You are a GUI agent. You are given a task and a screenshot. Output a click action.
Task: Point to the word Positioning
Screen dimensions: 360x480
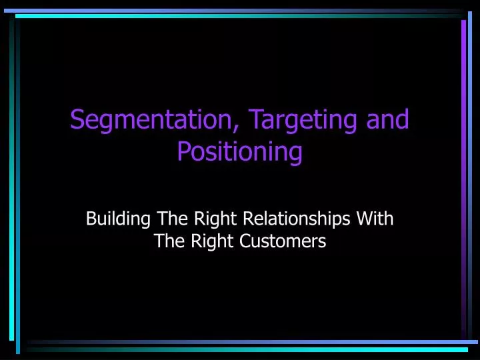[x=239, y=152]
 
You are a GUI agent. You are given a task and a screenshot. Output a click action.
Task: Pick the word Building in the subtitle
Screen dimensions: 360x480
[x=117, y=219]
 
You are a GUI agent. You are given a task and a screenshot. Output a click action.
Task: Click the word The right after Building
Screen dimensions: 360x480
[x=169, y=219]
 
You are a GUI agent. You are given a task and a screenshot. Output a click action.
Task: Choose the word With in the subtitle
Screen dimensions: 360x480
[x=376, y=219]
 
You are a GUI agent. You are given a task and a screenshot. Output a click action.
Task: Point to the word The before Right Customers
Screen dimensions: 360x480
[x=167, y=241]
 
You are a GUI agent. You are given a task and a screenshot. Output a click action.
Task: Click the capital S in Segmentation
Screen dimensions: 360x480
[x=76, y=120]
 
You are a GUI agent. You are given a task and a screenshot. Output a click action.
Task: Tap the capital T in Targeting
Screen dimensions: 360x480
[x=255, y=120]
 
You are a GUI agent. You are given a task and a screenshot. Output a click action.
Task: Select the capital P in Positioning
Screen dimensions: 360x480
[x=183, y=152]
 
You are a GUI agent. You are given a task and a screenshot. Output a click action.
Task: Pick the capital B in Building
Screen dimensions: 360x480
[x=91, y=219]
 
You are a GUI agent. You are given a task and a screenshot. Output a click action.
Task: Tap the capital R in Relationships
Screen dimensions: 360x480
[x=246, y=219]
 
